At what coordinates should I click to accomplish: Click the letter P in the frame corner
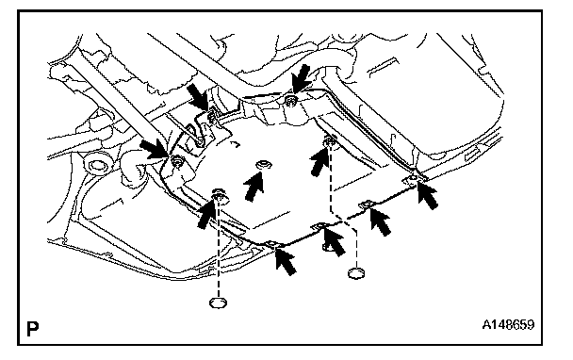pos(33,329)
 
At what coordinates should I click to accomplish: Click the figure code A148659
pos(508,324)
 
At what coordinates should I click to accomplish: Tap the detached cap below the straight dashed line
pos(218,303)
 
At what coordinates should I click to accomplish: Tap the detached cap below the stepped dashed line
pos(356,273)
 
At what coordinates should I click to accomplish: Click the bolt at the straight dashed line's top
pos(220,195)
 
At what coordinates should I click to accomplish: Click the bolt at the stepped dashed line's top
pos(331,139)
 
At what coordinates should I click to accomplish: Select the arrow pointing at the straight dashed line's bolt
pos(205,215)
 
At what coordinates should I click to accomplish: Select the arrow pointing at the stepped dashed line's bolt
pos(319,161)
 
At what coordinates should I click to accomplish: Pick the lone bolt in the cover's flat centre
pos(263,165)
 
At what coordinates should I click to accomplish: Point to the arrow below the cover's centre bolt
pos(254,186)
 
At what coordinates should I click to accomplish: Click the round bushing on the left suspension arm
pos(96,165)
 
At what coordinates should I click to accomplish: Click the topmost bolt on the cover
pos(291,100)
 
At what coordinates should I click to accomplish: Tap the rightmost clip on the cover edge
pos(412,179)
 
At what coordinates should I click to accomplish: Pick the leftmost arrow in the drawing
pos(155,150)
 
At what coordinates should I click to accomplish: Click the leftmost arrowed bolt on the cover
pos(177,161)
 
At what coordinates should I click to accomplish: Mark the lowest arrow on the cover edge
pos(286,260)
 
